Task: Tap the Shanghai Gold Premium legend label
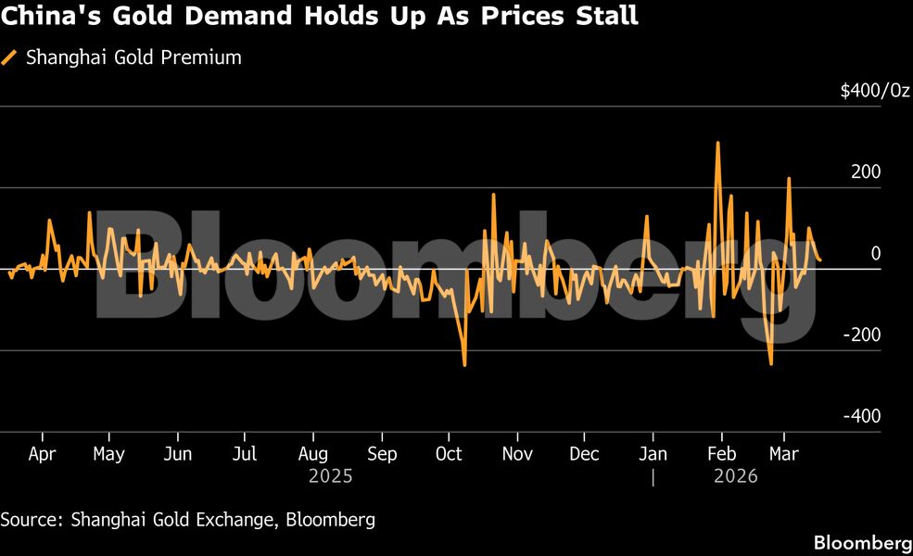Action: (x=133, y=57)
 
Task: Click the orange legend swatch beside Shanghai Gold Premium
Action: (x=10, y=57)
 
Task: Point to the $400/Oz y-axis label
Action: (x=875, y=91)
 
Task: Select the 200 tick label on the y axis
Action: (x=868, y=172)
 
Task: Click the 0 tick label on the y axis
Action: (x=873, y=254)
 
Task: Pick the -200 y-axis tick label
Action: (x=863, y=335)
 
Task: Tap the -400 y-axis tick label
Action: (x=863, y=417)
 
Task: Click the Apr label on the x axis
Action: (x=42, y=454)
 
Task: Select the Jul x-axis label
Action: (x=245, y=454)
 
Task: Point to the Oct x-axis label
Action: (x=449, y=454)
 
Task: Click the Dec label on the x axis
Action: (x=584, y=454)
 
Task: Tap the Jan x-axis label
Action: (x=653, y=454)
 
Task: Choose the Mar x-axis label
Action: (x=784, y=454)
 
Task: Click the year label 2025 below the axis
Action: (x=331, y=476)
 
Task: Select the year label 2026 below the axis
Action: (x=736, y=476)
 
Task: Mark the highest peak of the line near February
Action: (x=717, y=144)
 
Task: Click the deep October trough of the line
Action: (x=464, y=364)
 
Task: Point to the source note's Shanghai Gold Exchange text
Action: (x=172, y=520)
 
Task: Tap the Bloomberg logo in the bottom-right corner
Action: (x=862, y=542)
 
